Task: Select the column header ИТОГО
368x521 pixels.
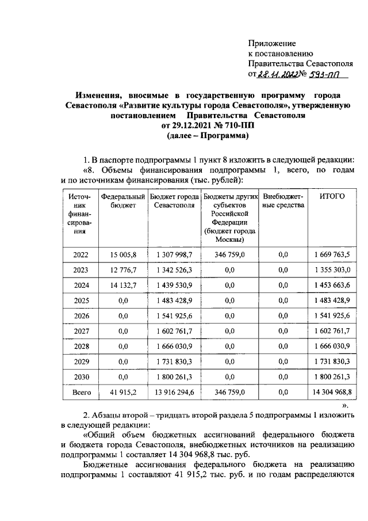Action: coord(332,196)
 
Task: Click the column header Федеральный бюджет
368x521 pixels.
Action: coord(122,200)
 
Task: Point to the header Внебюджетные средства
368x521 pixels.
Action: coord(282,200)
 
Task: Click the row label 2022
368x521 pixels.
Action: coord(80,254)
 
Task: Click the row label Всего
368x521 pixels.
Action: coord(80,392)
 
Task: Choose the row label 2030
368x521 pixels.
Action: coord(80,377)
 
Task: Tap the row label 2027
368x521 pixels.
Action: coord(80,330)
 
